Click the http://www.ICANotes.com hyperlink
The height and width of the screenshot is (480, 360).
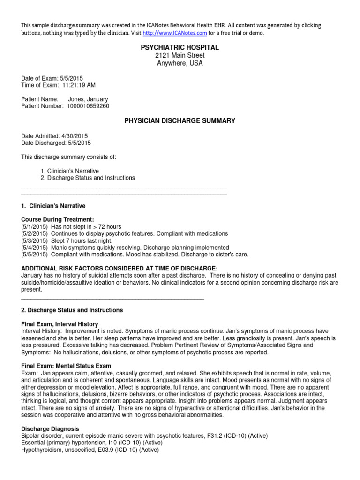coord(175,33)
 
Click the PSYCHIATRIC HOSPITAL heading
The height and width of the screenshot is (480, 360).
coord(180,48)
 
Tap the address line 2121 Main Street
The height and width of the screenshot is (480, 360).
coord(180,56)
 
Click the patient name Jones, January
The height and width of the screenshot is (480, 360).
coord(88,99)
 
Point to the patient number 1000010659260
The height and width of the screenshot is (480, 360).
coord(87,106)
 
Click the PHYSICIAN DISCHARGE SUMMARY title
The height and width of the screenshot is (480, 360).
coord(180,121)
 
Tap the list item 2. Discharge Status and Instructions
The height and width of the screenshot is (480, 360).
coord(88,178)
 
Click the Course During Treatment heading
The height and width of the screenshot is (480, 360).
coord(58,219)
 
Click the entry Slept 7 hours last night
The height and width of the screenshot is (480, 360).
coord(82,241)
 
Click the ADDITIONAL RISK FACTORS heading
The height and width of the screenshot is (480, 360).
coord(120,268)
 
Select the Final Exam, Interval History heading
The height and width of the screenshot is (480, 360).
coord(60,324)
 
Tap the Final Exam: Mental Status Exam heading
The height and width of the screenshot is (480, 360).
coord(66,366)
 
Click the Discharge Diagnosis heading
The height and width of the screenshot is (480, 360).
coord(50,429)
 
